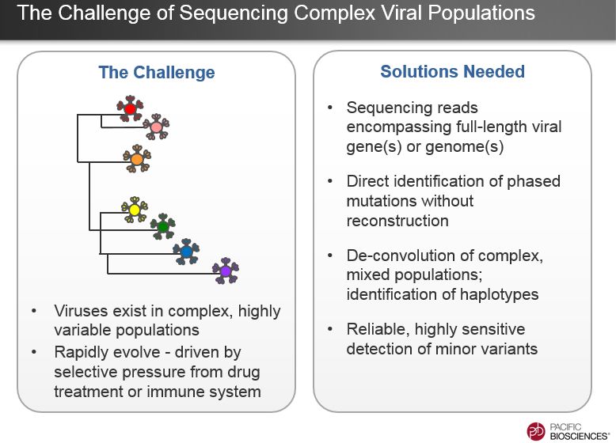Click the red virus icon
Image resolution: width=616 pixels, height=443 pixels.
pyautogui.click(x=130, y=108)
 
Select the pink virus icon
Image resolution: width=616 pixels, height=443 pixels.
pyautogui.click(x=156, y=127)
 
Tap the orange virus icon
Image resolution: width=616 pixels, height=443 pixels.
pyautogui.click(x=137, y=158)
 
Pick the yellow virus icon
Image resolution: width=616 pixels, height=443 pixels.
pyautogui.click(x=135, y=210)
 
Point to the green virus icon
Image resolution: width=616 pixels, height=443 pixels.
pyautogui.click(x=162, y=226)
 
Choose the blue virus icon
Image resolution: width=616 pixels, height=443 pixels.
pyautogui.click(x=186, y=251)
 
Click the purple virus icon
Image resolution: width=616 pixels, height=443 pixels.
pyautogui.click(x=226, y=271)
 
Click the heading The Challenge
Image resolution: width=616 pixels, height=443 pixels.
pyautogui.click(x=157, y=72)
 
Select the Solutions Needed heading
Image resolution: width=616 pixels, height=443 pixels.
pyautogui.click(x=453, y=71)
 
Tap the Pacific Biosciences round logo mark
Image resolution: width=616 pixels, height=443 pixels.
pyautogui.click(x=536, y=432)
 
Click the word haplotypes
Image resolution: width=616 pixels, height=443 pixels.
pyautogui.click(x=499, y=294)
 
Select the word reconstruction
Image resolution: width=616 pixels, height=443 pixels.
pyautogui.click(x=397, y=221)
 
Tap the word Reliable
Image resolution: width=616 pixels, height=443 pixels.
pyautogui.click(x=375, y=330)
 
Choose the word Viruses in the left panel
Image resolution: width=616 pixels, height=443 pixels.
pyautogui.click(x=81, y=311)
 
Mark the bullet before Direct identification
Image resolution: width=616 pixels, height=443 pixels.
pyautogui.click(x=330, y=181)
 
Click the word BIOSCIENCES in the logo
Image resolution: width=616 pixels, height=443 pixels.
pyautogui.click(x=578, y=436)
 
